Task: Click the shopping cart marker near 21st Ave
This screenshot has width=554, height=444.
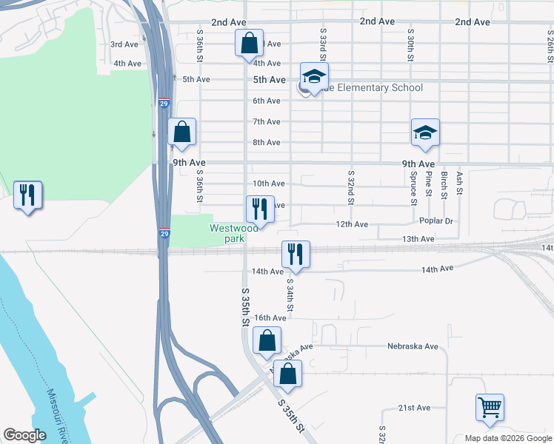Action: click(x=490, y=408)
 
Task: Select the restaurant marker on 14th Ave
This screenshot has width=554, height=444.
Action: click(x=296, y=255)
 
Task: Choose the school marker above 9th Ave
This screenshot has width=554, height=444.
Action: click(x=426, y=133)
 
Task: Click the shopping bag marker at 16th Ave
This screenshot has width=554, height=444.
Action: click(x=267, y=341)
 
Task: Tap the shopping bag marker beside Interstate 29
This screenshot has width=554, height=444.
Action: click(x=182, y=133)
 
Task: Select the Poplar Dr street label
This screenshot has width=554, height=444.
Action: click(x=436, y=221)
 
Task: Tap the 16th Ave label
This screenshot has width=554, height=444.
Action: click(x=270, y=317)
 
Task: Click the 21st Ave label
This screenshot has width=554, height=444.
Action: click(x=414, y=408)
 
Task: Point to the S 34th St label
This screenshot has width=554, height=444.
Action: click(x=290, y=295)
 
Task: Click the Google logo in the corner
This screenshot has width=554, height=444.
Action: click(x=24, y=435)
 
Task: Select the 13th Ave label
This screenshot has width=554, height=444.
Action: click(x=418, y=239)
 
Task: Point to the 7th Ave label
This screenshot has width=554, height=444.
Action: click(x=267, y=121)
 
